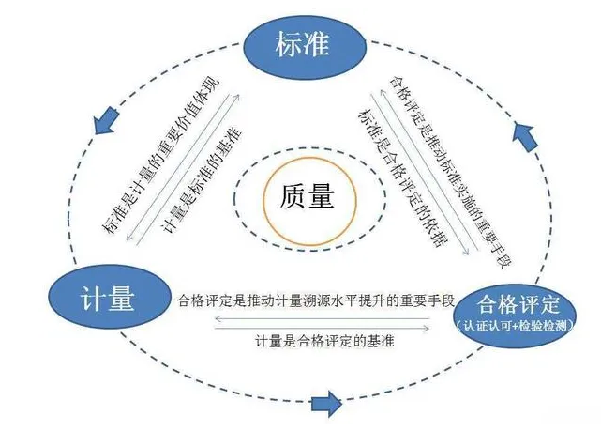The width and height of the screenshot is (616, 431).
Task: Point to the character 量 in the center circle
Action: (323, 197)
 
